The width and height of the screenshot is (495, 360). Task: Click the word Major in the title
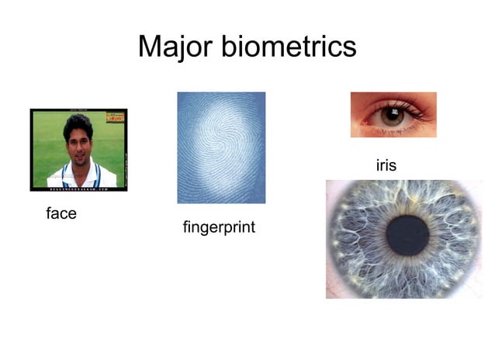pyautogui.click(x=175, y=47)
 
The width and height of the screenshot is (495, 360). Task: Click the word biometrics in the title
pyautogui.click(x=289, y=47)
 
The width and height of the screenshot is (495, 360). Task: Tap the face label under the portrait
pyautogui.click(x=61, y=213)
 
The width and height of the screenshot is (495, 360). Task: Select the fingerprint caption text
pyautogui.click(x=219, y=228)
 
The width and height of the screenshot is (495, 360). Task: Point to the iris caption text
pyautogui.click(x=386, y=165)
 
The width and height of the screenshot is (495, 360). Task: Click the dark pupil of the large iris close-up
pyautogui.click(x=407, y=237)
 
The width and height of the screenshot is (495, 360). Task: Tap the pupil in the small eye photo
pyautogui.click(x=393, y=116)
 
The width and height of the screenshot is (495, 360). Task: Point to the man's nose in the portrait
pyautogui.click(x=78, y=148)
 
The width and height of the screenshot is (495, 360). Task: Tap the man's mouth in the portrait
pyautogui.click(x=78, y=157)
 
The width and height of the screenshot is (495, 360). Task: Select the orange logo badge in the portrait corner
pyautogui.click(x=116, y=117)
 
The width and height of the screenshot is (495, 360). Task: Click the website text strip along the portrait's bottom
pyautogui.click(x=78, y=188)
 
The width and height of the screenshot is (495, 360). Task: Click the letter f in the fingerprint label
pyautogui.click(x=185, y=227)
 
